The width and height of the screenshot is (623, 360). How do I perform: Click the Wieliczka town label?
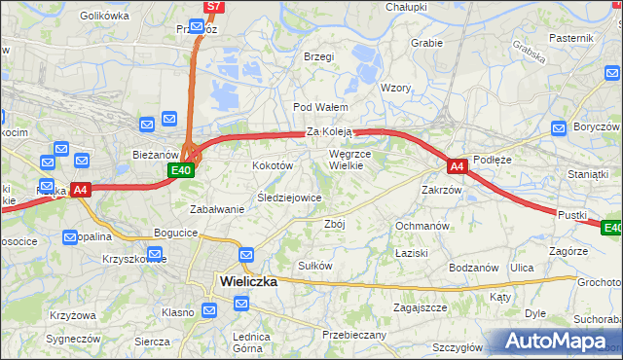[x=248, y=281]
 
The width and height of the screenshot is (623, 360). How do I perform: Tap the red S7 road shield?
[x=215, y=7]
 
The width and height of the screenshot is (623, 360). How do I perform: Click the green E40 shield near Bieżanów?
[x=180, y=170]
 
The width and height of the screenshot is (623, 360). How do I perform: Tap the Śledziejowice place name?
[x=289, y=198]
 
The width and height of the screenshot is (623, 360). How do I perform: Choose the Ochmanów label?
[x=421, y=226]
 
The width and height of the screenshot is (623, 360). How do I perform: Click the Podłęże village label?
[x=492, y=160]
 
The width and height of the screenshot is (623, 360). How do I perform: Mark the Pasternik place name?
[x=570, y=37]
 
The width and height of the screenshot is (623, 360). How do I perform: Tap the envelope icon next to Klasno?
[x=210, y=311]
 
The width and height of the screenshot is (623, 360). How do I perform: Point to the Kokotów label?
[x=274, y=166]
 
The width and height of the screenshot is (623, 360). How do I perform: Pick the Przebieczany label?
[x=354, y=334]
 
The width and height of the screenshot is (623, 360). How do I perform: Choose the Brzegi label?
[x=318, y=56]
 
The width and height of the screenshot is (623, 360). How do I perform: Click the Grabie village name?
[x=426, y=43]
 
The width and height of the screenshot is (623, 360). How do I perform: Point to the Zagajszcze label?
[x=420, y=307]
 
